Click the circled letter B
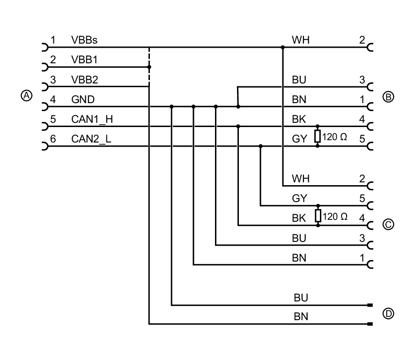pyautogui.click(x=388, y=97)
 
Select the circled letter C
pyautogui.click(x=388, y=225)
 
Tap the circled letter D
pyautogui.click(x=388, y=314)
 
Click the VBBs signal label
pyautogui.click(x=84, y=40)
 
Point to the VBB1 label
pyautogui.click(x=84, y=60)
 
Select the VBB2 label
pyautogui.click(x=84, y=80)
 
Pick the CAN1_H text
pyautogui.click(x=92, y=119)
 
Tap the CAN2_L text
pyautogui.click(x=91, y=139)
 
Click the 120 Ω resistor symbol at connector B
pyautogui.click(x=318, y=136)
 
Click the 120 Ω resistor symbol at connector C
pyautogui.click(x=318, y=216)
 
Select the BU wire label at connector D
pyautogui.click(x=301, y=298)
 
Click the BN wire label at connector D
pyautogui.click(x=301, y=317)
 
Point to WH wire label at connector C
pyautogui.click(x=300, y=179)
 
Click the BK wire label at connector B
pyautogui.click(x=299, y=119)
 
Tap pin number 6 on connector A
pyautogui.click(x=53, y=139)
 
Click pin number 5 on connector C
pyautogui.click(x=362, y=198)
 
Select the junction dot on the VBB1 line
pyautogui.click(x=149, y=67)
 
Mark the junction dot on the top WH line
pyautogui.click(x=282, y=47)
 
